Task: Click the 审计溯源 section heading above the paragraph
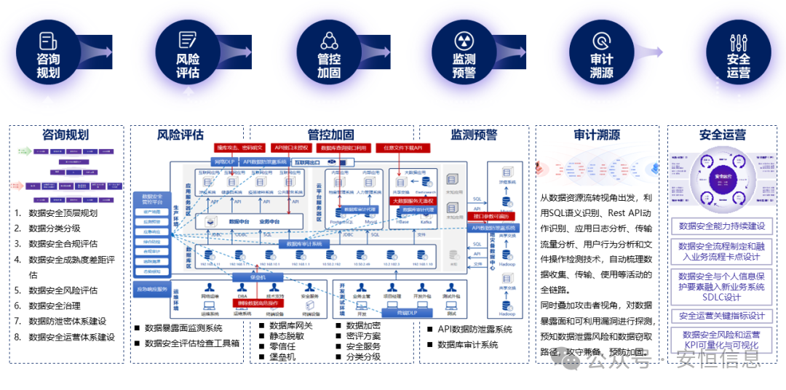point(596,135)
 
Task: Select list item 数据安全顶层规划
point(63,213)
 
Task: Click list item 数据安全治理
point(55,306)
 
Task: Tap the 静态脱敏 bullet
point(287,336)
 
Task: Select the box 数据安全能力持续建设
point(720,226)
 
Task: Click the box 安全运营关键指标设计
point(720,316)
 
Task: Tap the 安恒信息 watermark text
point(718,358)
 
